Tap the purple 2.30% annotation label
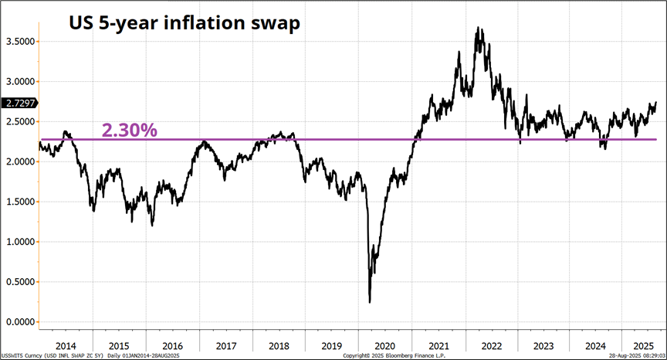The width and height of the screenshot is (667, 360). tap(130, 130)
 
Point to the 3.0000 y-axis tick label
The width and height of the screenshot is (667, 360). tap(19, 81)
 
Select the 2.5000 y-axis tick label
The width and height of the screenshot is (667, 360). tap(19, 121)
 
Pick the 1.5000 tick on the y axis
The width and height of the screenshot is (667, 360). tap(19, 202)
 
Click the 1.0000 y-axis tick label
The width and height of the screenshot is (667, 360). tap(19, 242)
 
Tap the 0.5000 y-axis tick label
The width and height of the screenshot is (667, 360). tap(19, 282)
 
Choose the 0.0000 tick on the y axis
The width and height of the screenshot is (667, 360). tap(19, 322)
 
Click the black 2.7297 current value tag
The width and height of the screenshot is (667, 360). tap(19, 103)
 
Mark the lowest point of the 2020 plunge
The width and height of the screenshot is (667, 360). tap(370, 302)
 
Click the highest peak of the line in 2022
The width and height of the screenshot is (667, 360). tap(479, 28)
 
